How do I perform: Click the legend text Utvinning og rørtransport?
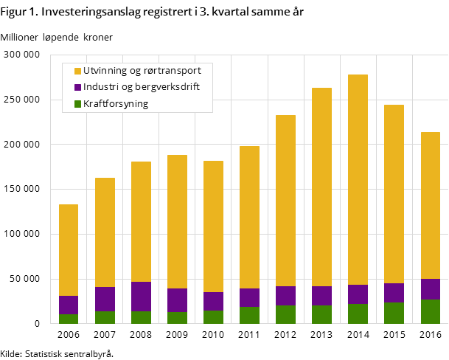pos(142,71)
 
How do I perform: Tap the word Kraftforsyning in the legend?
pos(116,104)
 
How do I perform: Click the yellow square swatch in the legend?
pos(77,71)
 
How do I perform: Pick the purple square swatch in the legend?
pos(77,88)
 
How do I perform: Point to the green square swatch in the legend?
pos(77,104)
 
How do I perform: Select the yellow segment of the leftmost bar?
pos(69,250)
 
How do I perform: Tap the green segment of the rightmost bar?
pos(430,311)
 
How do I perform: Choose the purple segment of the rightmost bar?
pos(430,289)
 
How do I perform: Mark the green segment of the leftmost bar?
pos(69,319)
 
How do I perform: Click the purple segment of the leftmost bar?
pos(69,305)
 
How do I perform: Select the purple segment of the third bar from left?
pos(141,297)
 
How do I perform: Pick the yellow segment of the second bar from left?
pos(105,232)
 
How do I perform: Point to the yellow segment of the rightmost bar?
pos(430,205)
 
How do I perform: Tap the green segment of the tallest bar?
pos(358,314)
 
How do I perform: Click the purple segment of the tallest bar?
pos(358,294)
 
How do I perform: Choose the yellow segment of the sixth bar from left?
pos(249,217)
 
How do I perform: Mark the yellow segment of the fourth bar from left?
pos(177,221)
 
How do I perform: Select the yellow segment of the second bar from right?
pos(394,194)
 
